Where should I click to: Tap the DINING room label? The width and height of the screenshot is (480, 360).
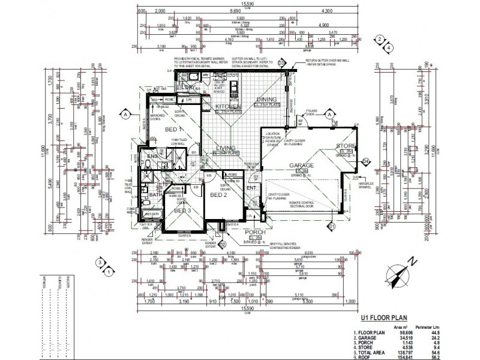tap(266, 99)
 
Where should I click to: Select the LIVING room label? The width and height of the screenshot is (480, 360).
tap(226, 148)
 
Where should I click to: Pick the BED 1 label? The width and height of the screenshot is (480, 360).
tap(174, 130)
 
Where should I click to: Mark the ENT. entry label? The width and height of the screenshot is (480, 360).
tap(252, 187)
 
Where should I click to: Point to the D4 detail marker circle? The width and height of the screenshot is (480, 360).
tap(365, 160)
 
